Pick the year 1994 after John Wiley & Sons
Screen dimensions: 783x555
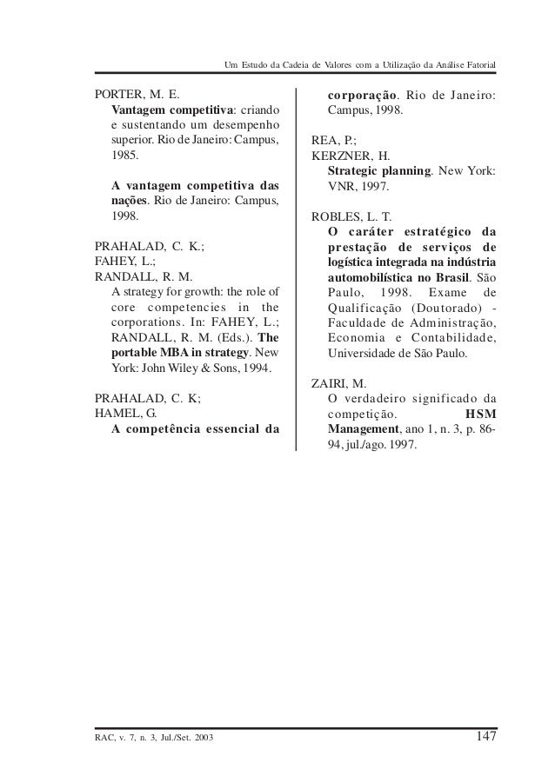[x=255, y=368]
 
